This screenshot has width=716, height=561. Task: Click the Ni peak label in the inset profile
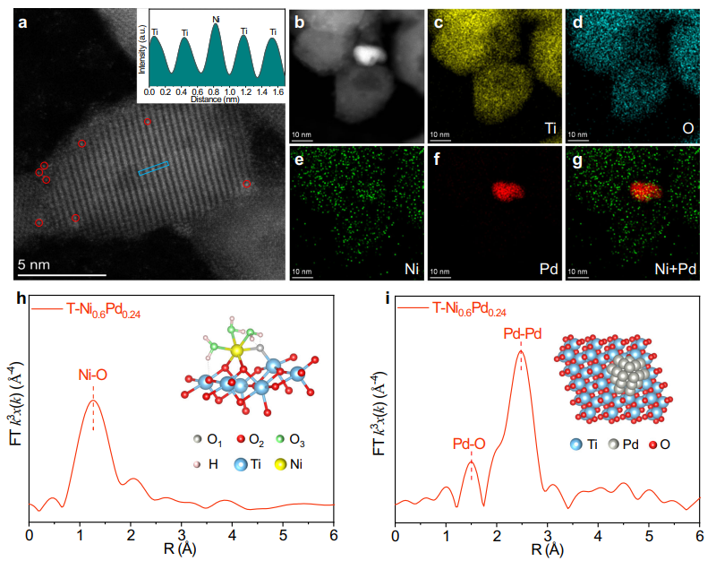[216, 19]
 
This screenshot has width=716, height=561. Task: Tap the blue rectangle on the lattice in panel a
[154, 168]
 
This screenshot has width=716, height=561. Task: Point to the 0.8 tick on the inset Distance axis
[216, 91]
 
